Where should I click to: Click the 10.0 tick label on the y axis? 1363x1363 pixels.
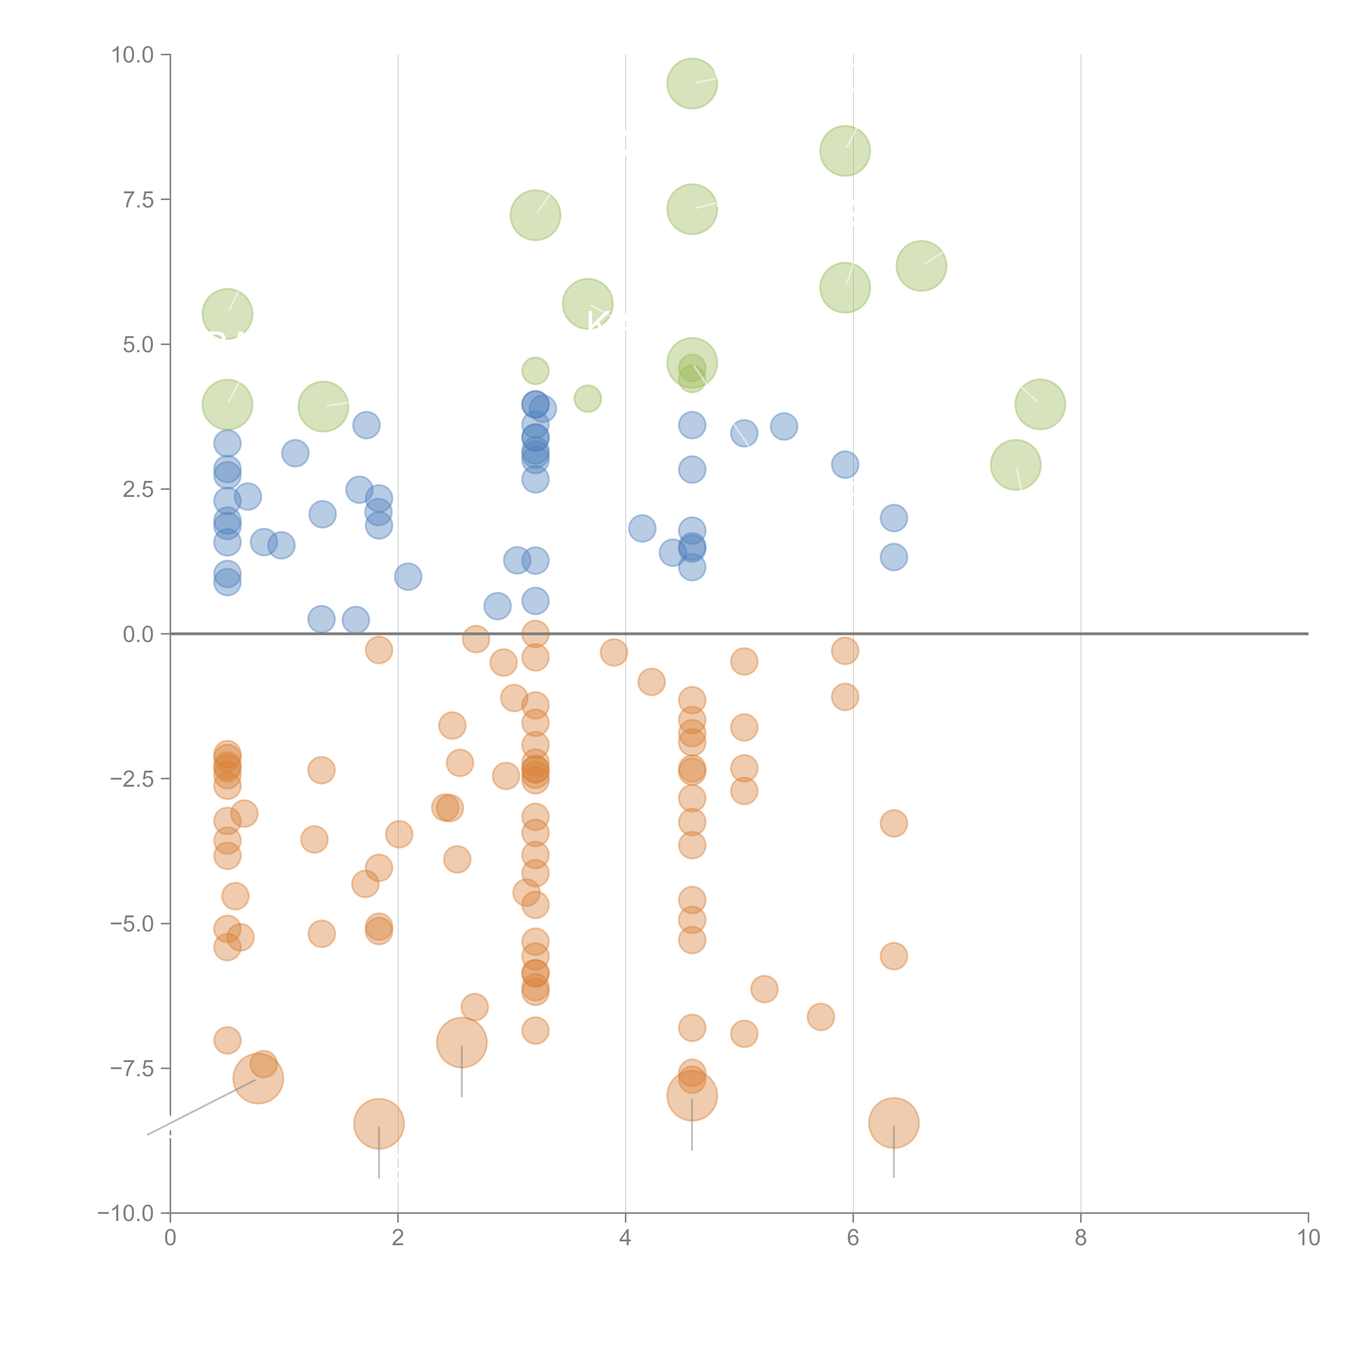(133, 55)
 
